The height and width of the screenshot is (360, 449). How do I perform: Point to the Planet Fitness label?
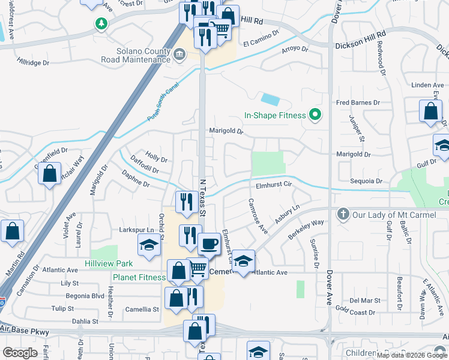[139, 277]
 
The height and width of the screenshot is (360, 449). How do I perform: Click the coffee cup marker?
[209, 244]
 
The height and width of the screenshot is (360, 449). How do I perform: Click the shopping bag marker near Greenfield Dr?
[50, 174]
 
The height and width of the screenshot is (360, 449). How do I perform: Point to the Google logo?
[20, 353]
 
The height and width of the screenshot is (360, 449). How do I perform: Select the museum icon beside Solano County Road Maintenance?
[179, 56]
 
